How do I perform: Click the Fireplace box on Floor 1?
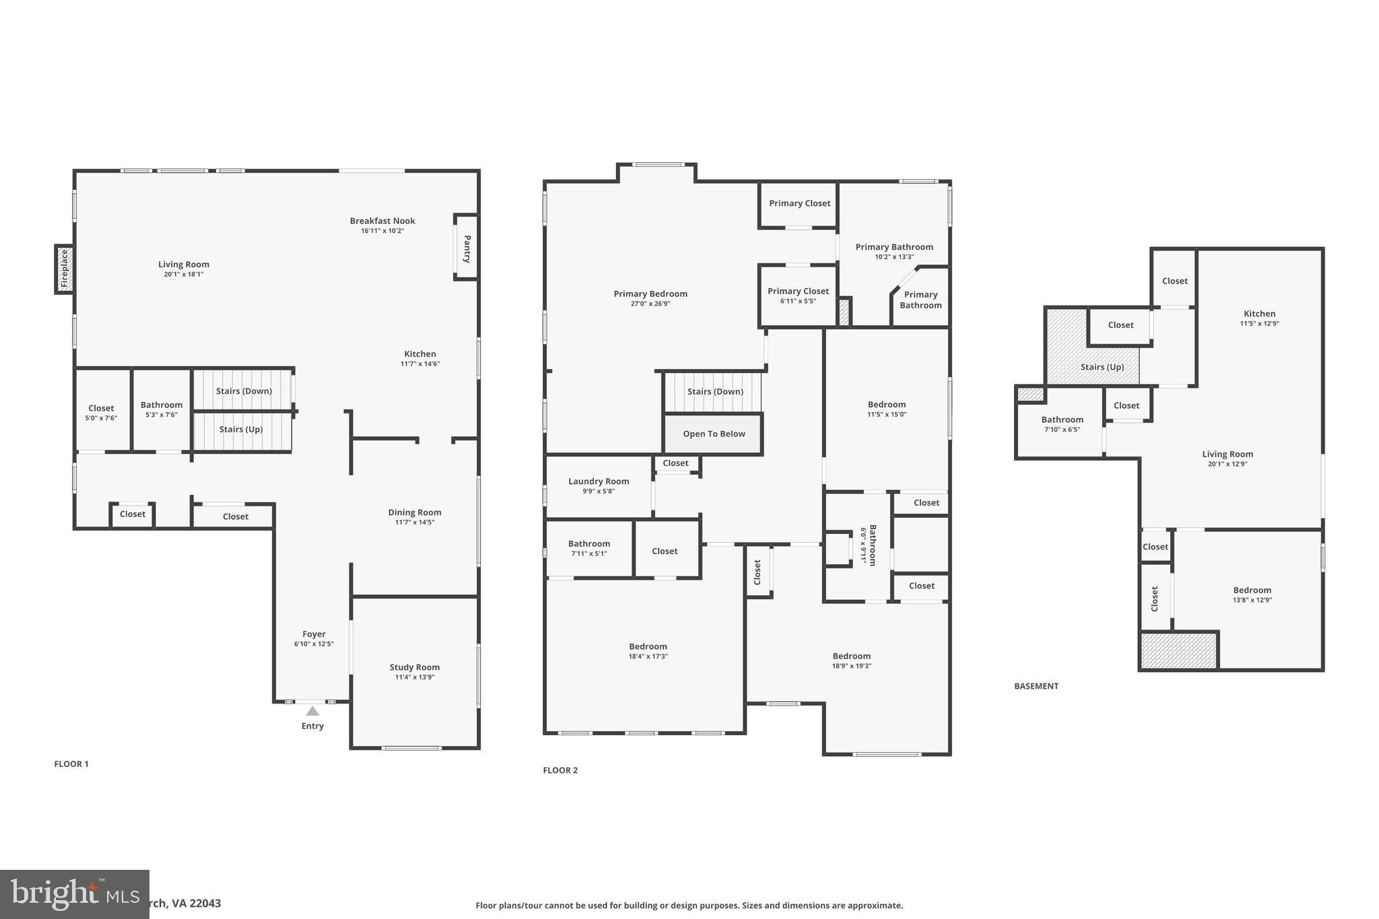(x=65, y=269)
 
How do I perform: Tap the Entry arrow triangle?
(x=312, y=711)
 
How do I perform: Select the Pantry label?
(x=467, y=248)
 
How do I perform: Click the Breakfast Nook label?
(x=382, y=221)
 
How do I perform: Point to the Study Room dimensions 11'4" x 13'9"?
(x=415, y=677)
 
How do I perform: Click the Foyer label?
(x=314, y=634)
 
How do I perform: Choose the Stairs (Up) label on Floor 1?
(x=241, y=430)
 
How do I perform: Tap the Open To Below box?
(x=714, y=434)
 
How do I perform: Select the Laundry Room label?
(x=599, y=481)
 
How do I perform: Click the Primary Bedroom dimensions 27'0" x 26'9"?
(x=650, y=304)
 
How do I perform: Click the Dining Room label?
(x=415, y=512)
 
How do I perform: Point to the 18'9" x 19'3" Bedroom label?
(x=852, y=656)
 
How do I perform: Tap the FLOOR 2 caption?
(x=560, y=770)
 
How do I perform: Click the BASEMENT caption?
(x=1036, y=686)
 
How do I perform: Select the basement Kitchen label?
(x=1259, y=314)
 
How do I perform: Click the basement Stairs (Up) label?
(x=1102, y=367)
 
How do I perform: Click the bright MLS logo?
(x=74, y=894)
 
